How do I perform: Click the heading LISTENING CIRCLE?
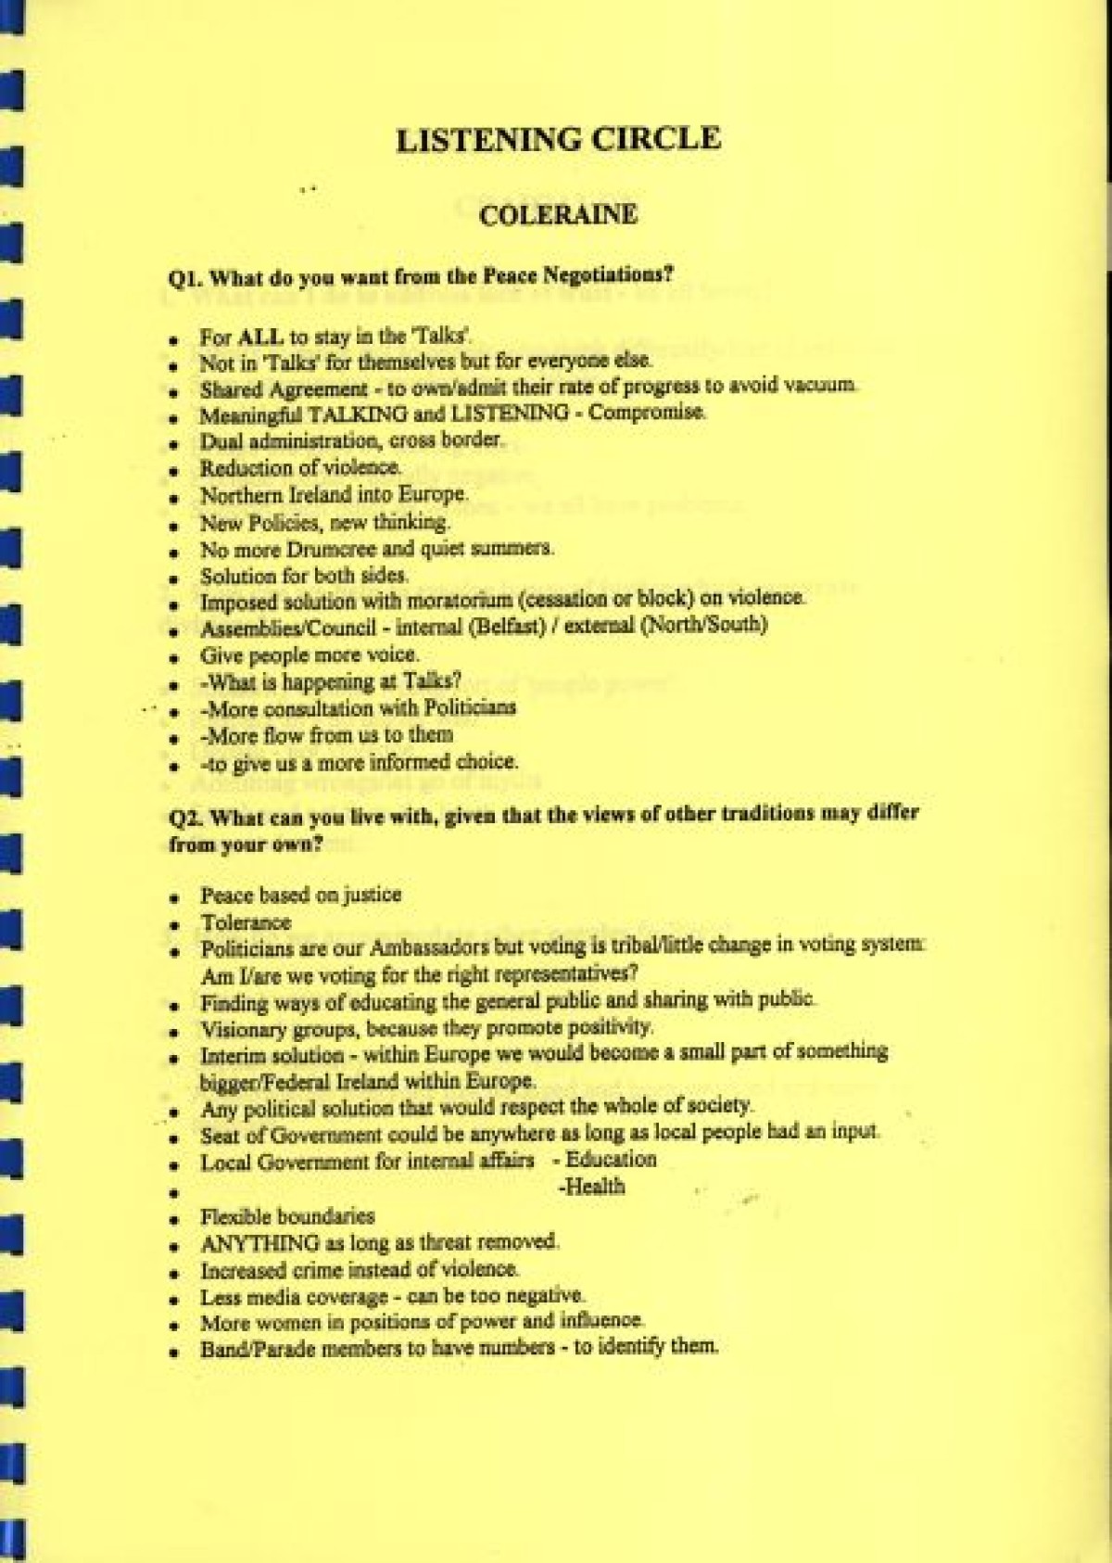pos(558,140)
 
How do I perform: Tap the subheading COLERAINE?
pos(558,215)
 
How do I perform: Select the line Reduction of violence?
pos(300,468)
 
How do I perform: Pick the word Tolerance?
pos(246,922)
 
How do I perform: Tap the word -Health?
pos(592,1188)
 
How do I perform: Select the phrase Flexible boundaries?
pos(287,1216)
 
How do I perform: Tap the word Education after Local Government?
pos(611,1160)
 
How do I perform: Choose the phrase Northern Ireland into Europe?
pos(334,495)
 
